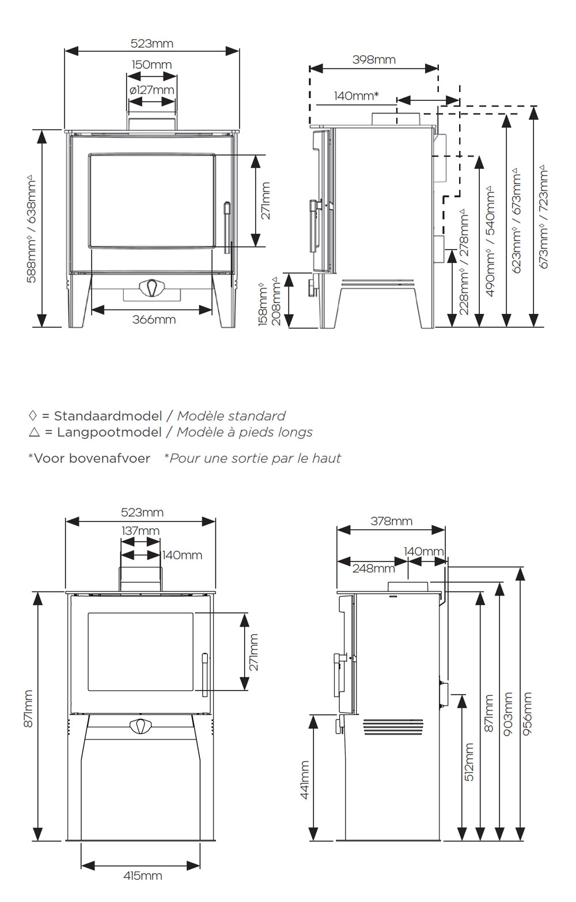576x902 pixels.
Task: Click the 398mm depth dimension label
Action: coord(374,59)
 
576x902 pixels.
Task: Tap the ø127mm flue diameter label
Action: coord(151,90)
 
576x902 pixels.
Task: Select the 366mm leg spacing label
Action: coord(154,320)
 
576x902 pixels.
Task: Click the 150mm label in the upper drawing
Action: coord(151,65)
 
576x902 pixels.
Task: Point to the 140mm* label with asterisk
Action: coord(356,96)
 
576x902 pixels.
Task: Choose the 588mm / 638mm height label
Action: coord(31,229)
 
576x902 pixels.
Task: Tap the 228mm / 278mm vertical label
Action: coord(464,262)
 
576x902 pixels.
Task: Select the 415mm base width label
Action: coord(143,876)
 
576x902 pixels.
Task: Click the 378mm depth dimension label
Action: coord(391,521)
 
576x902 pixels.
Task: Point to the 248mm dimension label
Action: coord(373,569)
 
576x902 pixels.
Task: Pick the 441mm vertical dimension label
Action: coord(305,780)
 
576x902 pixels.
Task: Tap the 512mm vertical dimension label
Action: coord(469,761)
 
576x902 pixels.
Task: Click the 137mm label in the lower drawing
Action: coord(140,530)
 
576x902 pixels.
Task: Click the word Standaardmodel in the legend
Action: coord(108,416)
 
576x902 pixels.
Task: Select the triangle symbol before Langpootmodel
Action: coord(34,432)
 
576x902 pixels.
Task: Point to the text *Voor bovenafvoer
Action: coord(89,458)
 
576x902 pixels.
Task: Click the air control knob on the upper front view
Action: coord(152,288)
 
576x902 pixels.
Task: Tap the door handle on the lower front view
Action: coord(204,674)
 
